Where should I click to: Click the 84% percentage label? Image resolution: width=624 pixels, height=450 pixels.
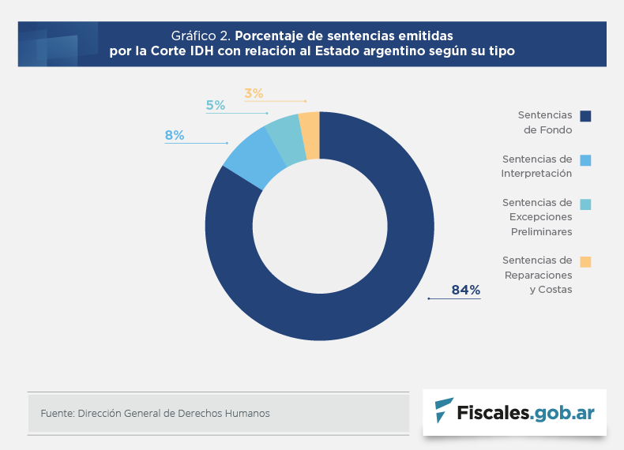[x=465, y=290]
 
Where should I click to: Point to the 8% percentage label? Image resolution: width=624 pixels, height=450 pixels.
[x=174, y=136]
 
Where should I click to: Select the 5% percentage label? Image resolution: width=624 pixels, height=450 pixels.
[x=215, y=105]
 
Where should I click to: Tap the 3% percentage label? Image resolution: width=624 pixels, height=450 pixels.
[x=254, y=93]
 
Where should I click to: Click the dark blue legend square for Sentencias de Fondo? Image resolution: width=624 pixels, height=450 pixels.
[x=585, y=116]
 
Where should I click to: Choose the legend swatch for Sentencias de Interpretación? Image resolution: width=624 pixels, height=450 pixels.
[x=585, y=160]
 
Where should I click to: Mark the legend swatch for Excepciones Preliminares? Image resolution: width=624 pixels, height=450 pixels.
[x=585, y=204]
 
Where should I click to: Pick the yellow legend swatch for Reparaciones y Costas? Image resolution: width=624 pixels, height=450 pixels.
[x=585, y=261]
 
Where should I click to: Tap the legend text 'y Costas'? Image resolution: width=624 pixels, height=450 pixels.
[x=551, y=289]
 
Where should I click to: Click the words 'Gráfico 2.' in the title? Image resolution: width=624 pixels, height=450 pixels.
[x=201, y=36]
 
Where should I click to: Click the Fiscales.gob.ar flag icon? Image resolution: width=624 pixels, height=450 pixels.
[x=444, y=411]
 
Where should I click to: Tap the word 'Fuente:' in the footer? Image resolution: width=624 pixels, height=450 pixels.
[x=57, y=413]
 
